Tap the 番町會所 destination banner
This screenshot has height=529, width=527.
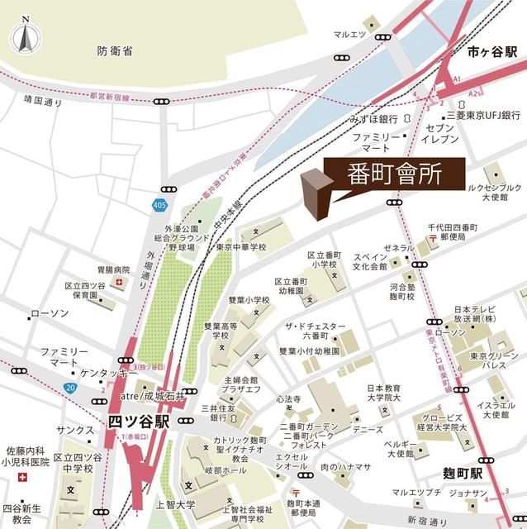384,174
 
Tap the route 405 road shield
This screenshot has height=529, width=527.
158,203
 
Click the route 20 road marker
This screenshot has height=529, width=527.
70,386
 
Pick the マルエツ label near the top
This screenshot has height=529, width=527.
349,35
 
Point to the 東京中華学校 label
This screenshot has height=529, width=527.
242,247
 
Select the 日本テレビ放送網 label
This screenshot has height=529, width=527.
475,317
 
